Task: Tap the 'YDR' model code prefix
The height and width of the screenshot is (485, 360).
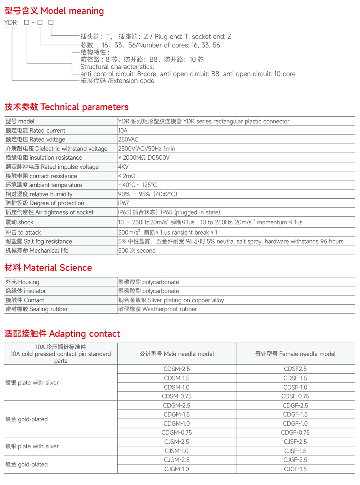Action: tap(10, 23)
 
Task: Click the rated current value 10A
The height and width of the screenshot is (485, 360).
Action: tap(123, 130)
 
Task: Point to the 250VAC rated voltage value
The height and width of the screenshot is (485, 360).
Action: tap(128, 139)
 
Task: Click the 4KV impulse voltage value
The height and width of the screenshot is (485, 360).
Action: tap(123, 167)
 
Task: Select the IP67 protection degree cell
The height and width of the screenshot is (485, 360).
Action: tap(123, 203)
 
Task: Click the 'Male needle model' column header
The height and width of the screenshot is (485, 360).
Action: tap(177, 354)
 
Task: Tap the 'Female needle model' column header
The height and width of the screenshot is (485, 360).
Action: tap(295, 354)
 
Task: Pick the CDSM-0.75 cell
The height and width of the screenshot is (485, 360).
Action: tap(177, 396)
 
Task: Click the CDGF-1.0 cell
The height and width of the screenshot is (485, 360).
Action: tap(295, 423)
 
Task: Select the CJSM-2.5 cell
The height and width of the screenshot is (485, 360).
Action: tap(177, 442)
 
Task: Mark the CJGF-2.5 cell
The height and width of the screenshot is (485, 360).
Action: tap(295, 460)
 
